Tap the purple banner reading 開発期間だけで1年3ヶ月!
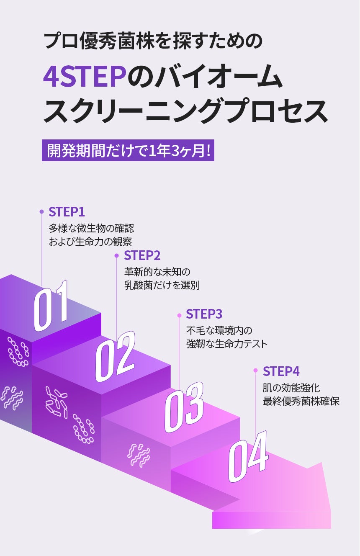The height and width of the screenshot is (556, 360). coord(128,149)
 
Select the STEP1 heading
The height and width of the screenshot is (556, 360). coord(67,212)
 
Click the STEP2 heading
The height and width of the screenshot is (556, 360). coord(142,255)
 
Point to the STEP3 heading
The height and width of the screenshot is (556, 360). coord(204,314)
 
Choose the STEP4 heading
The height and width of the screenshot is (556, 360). coord(281,371)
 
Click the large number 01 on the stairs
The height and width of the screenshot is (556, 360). coord(51,305)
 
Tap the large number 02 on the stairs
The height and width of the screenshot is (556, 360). coord(115,356)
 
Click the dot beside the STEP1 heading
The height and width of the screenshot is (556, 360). coord(41,212)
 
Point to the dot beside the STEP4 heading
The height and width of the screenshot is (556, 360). coord(255,371)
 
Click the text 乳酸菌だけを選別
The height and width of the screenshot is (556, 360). coord(162,286)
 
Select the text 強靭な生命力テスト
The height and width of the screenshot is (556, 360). coord(226,344)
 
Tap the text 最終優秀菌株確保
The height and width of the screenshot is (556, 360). coord(301,402)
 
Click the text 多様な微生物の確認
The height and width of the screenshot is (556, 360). coord(91,229)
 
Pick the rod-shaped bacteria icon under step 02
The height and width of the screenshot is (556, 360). coord(56,402)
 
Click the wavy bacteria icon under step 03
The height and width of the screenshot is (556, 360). coord(139,454)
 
